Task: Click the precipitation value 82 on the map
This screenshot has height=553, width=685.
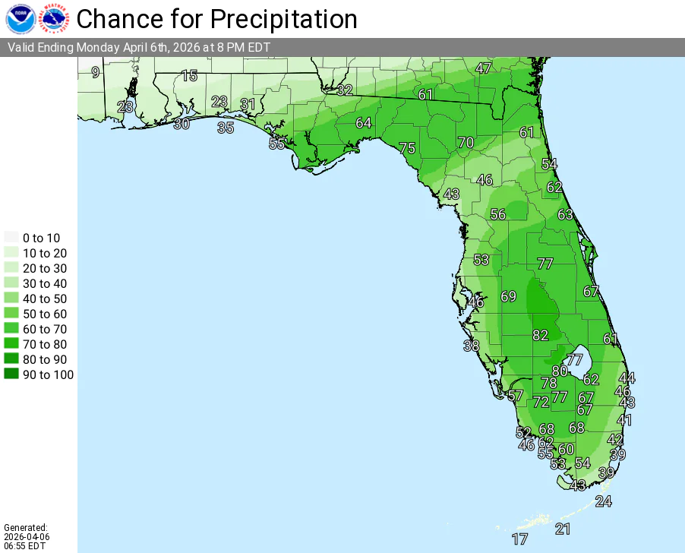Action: click(x=540, y=335)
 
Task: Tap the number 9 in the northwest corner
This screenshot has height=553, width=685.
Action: click(x=95, y=73)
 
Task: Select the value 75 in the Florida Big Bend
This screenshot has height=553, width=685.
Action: click(x=407, y=148)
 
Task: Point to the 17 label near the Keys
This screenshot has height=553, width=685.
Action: click(x=519, y=539)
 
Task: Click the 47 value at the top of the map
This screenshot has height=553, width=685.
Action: click(x=483, y=68)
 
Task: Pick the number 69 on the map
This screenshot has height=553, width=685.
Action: click(x=508, y=296)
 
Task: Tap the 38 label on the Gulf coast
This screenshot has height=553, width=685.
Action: click(x=472, y=346)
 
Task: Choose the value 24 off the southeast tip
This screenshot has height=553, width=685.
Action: click(x=603, y=501)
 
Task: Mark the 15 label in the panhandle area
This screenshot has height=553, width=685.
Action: click(x=189, y=76)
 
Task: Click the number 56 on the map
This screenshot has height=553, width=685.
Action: click(x=497, y=214)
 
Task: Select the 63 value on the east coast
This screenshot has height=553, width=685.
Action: click(x=565, y=215)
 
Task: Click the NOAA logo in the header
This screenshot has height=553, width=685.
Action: click(x=20, y=18)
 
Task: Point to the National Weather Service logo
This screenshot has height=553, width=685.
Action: click(x=52, y=18)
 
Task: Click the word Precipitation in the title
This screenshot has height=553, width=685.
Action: click(x=284, y=18)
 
